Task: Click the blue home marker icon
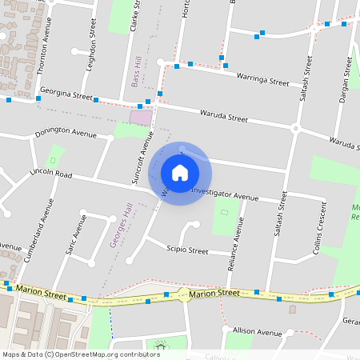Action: [180, 172]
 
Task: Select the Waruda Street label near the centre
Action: [224, 117]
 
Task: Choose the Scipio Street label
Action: [187, 250]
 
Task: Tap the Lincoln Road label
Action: [50, 174]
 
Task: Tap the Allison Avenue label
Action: [258, 331]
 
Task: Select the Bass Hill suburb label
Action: [135, 72]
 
